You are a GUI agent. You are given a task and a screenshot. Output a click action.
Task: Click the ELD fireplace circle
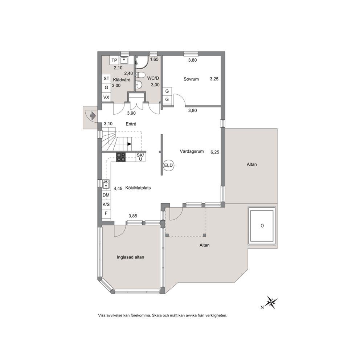pyautogui.click(x=168, y=165)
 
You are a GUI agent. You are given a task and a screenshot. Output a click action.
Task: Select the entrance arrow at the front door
pyautogui.click(x=93, y=116)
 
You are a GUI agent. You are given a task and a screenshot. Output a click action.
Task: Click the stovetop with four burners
pyautogui.click(x=121, y=157)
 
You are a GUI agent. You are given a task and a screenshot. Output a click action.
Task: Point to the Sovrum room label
pyautogui.click(x=191, y=79)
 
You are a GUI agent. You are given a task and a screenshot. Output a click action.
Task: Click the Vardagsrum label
pyautogui.click(x=192, y=151)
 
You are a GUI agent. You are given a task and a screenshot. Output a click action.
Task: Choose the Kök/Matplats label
pyautogui.click(x=138, y=188)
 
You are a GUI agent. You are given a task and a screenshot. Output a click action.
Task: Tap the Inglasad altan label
pyautogui.click(x=130, y=257)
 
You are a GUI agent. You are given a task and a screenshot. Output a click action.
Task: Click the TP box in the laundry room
pyautogui.click(x=114, y=60)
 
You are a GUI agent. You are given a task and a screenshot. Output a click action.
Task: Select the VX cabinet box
pyautogui.click(x=106, y=97)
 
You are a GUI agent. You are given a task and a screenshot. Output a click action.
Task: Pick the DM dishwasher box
pyautogui.click(x=106, y=195)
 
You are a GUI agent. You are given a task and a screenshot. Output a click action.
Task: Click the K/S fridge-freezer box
pyautogui.click(x=106, y=204)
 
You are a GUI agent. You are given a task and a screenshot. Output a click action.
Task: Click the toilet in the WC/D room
pyautogui.click(x=140, y=75)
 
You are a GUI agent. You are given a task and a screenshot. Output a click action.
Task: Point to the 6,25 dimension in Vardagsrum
pyautogui.click(x=215, y=152)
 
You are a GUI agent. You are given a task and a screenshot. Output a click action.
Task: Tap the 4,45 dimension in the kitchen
pyautogui.click(x=118, y=188)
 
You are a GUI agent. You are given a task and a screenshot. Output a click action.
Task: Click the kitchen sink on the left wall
pyautogui.click(x=106, y=184)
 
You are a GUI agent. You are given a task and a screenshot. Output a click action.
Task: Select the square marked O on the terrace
pyautogui.click(x=262, y=225)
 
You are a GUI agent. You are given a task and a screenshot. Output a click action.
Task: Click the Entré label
pyautogui.click(x=131, y=124)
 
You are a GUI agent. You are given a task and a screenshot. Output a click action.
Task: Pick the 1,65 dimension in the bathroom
pyautogui.click(x=154, y=59)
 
